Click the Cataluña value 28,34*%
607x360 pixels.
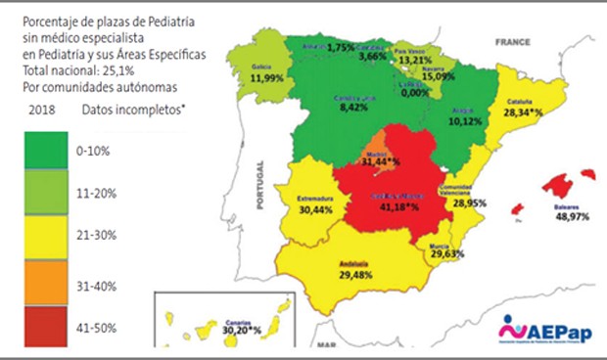tap(525, 112)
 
